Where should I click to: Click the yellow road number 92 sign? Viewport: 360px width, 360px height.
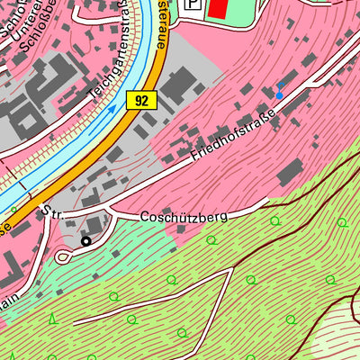click(141, 101)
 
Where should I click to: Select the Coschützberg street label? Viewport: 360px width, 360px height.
click(184, 217)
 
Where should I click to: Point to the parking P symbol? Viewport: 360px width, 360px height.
click(193, 4)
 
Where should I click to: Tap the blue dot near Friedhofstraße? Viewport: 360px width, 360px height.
click(279, 94)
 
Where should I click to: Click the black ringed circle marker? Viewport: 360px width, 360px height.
click(86, 241)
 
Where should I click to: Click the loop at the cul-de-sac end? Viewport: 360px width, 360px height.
click(64, 256)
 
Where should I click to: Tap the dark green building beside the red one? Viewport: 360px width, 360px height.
click(245, 7)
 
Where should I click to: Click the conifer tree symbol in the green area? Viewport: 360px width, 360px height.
click(52, 318)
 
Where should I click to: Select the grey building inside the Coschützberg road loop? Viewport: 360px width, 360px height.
click(94, 225)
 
